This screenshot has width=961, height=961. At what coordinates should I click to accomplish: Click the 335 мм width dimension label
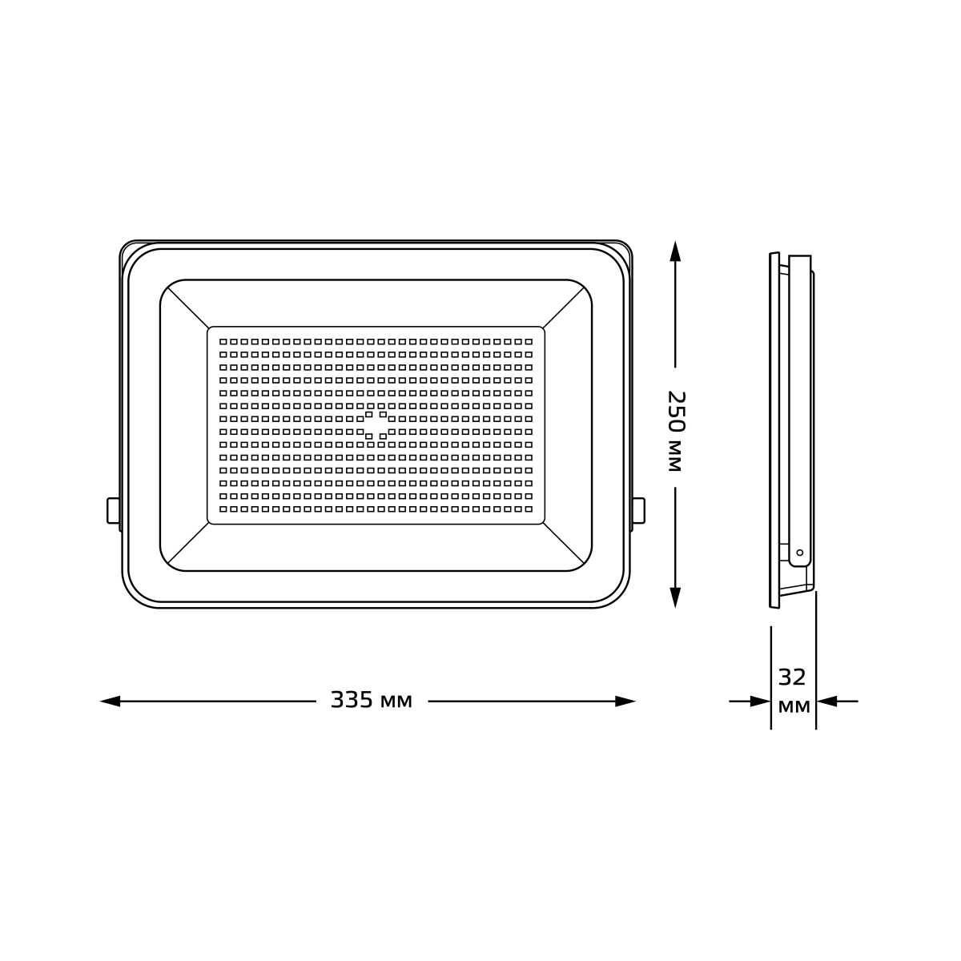pyautogui.click(x=372, y=701)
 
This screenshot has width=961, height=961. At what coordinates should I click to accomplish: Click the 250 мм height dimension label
pyautogui.click(x=675, y=432)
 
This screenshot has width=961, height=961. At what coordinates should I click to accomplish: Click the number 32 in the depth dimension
pyautogui.click(x=793, y=678)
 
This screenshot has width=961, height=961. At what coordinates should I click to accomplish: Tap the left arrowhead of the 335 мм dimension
pyautogui.click(x=111, y=702)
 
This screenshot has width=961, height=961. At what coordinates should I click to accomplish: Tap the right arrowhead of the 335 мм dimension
pyautogui.click(x=625, y=702)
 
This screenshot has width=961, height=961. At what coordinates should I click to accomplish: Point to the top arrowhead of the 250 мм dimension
pyautogui.click(x=675, y=251)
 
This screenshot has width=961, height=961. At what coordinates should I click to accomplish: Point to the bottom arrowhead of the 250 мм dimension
pyautogui.click(x=675, y=597)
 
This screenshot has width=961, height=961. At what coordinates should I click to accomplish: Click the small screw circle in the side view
pyautogui.click(x=800, y=553)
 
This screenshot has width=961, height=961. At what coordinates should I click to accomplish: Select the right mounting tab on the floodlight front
pyautogui.click(x=638, y=510)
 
